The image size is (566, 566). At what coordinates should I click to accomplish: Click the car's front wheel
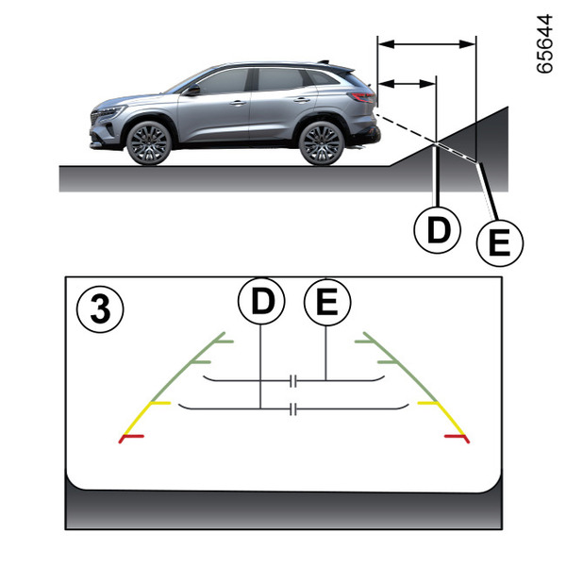pos(149,143)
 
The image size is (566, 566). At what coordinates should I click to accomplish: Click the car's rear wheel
pos(321,143)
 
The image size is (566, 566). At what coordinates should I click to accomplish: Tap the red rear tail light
pos(362,97)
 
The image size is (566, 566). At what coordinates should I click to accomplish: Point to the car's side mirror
pos(193,90)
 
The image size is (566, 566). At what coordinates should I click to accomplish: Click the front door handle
pos(238,103)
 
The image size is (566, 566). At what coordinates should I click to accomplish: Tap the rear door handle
pos(302,100)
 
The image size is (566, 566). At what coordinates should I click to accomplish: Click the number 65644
pos(544,44)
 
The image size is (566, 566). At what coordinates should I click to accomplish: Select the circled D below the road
pos(437,229)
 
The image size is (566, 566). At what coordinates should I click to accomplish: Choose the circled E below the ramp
pos(500,243)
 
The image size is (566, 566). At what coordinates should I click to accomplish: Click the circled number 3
pos(100,309)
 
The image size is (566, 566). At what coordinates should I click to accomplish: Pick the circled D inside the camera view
pos(261,301)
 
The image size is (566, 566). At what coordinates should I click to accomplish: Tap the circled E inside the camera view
pos(327,302)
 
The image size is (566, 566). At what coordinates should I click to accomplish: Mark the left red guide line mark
pos(131,439)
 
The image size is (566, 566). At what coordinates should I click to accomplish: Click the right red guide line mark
pos(457,439)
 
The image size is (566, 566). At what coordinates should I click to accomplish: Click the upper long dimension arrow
pos(426,44)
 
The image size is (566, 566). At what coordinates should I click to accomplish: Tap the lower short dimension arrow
pos(407,84)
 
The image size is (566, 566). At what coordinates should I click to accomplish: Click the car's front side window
pos(223,81)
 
